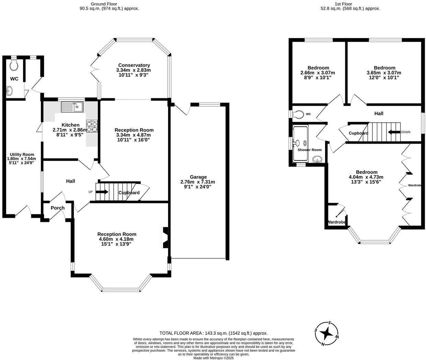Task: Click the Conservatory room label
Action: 134,65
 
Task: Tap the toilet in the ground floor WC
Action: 14,64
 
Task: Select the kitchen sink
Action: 72,107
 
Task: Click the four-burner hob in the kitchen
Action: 92,126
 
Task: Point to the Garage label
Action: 198,177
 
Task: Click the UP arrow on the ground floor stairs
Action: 102,192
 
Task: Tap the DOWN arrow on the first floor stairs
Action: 394,132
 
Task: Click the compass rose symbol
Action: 327,334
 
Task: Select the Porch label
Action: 58,208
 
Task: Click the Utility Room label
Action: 22,154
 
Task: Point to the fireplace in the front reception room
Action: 165,238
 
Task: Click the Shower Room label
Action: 310,150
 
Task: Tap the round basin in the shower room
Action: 317,159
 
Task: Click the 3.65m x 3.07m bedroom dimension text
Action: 384,73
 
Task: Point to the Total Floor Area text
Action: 213,333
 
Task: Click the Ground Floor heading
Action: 104,4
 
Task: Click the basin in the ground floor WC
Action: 9,90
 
